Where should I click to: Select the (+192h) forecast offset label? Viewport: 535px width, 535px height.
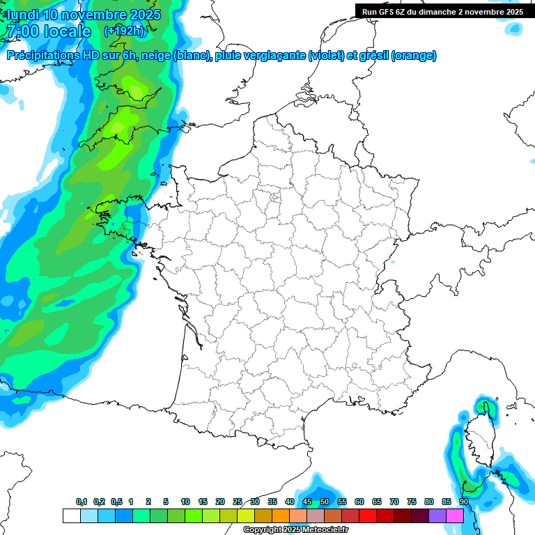tap(124, 31)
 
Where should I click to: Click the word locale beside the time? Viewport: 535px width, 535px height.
tap(68, 31)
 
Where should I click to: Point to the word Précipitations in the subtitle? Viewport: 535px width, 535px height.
tap(39, 56)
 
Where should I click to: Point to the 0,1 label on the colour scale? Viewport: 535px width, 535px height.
tap(81, 502)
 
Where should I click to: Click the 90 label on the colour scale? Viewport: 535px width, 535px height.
tap(464, 502)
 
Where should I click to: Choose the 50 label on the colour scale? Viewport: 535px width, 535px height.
tap(325, 502)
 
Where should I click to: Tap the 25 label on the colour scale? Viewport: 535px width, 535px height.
tap(238, 502)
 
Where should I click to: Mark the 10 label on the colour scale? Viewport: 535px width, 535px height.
tap(185, 502)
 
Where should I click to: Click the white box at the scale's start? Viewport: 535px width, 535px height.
tap(71, 515)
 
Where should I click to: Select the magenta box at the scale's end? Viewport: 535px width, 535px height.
tap(455, 515)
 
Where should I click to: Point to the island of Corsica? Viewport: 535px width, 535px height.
tap(479, 439)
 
